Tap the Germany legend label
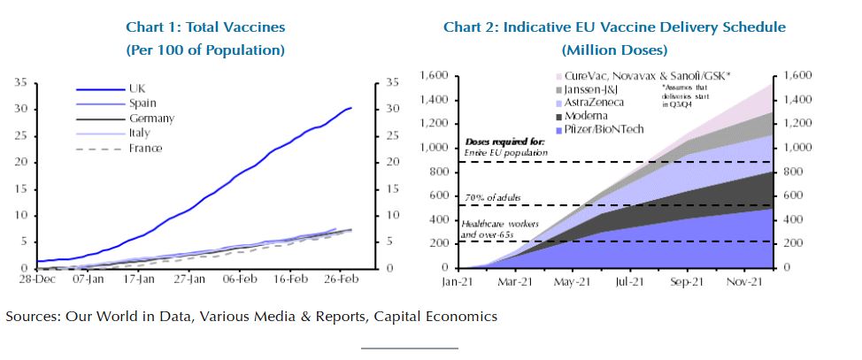point(151,119)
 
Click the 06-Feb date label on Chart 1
point(241,278)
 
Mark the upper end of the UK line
point(350,108)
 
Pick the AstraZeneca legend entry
point(593,103)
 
